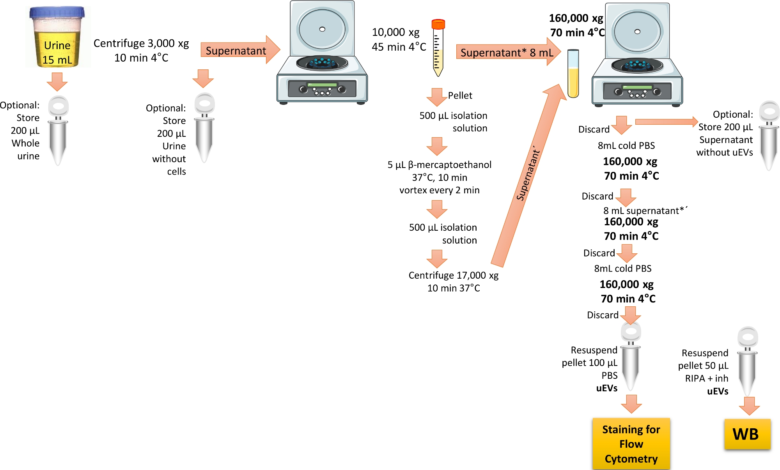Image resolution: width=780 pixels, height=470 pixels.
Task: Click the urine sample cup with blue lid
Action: click(57, 37)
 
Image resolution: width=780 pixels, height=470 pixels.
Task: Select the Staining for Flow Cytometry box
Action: click(631, 444)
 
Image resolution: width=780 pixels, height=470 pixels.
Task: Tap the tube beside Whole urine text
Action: click(58, 131)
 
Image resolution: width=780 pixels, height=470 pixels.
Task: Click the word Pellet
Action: click(460, 95)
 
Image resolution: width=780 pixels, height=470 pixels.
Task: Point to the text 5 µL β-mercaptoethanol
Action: click(439, 165)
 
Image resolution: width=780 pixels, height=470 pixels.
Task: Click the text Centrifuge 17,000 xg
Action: click(453, 276)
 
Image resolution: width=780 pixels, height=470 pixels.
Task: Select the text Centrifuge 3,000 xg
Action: click(141, 43)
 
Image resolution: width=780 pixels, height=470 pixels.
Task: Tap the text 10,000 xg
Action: click(395, 32)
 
